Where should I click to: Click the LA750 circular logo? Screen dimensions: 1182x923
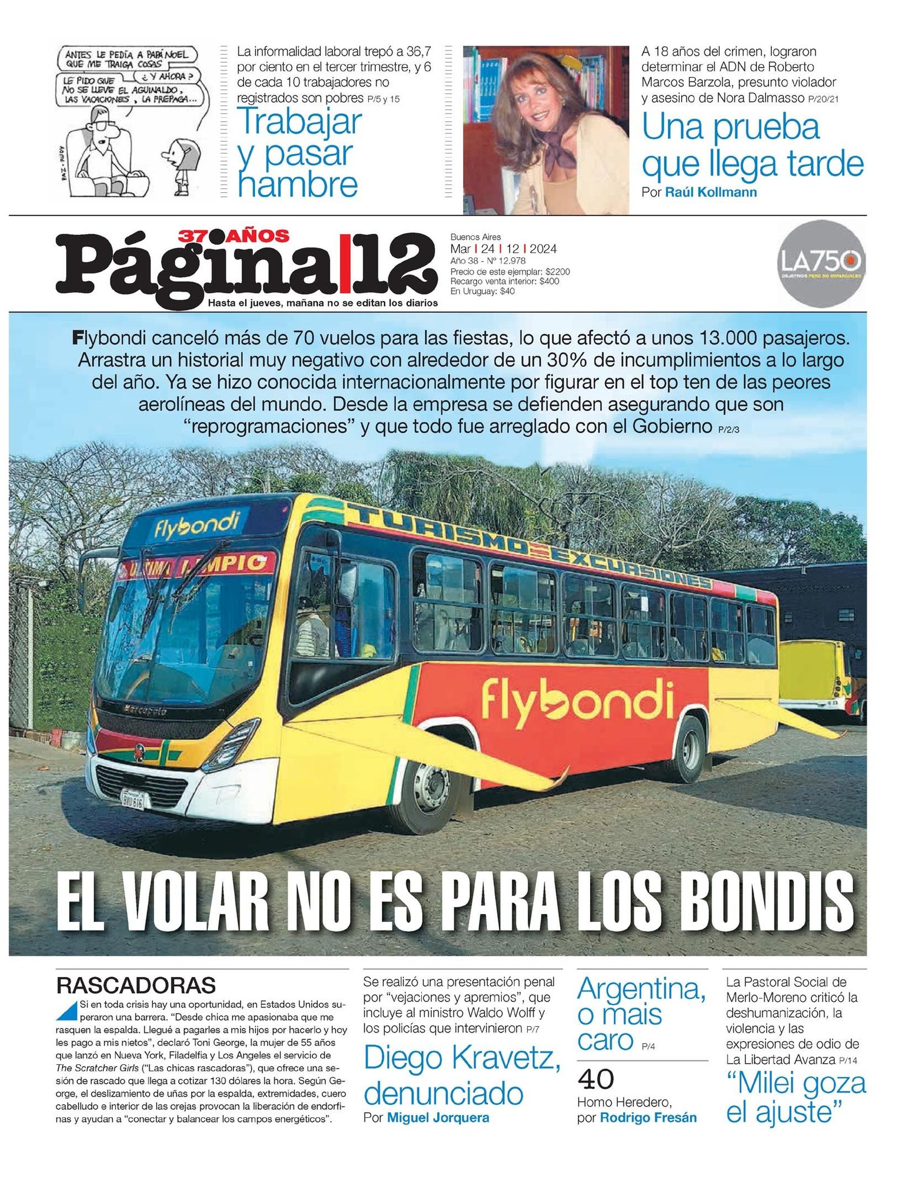(x=821, y=263)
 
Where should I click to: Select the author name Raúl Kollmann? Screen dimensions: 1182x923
(x=711, y=192)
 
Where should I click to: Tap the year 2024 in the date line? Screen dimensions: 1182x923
(x=543, y=249)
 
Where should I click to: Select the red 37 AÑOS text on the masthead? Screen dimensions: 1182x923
(x=233, y=235)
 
